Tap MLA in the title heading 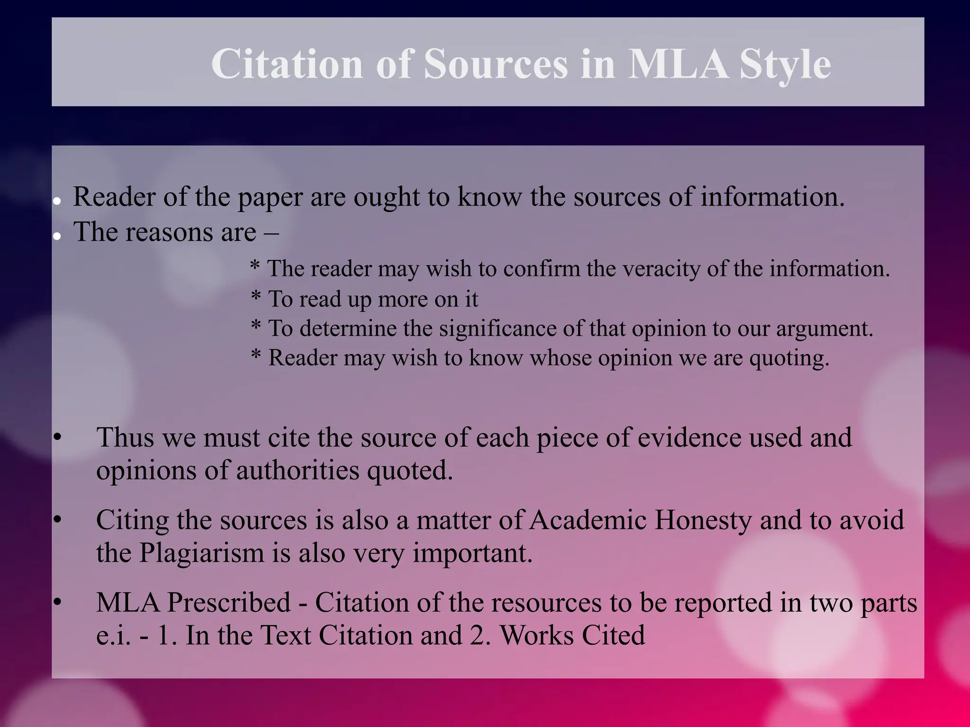pyautogui.click(x=677, y=64)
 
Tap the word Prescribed pyautogui.click(x=229, y=603)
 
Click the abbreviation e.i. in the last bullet pyautogui.click(x=111, y=635)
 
